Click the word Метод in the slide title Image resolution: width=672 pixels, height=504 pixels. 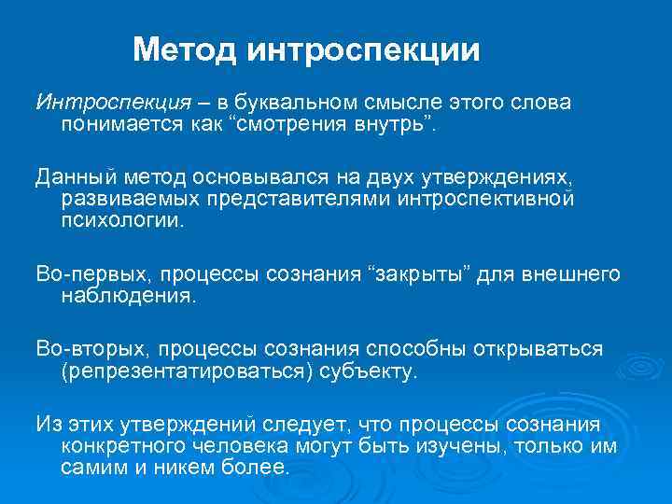185,49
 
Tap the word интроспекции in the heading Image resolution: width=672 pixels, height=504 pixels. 364,49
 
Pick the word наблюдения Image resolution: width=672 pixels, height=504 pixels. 128,296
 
